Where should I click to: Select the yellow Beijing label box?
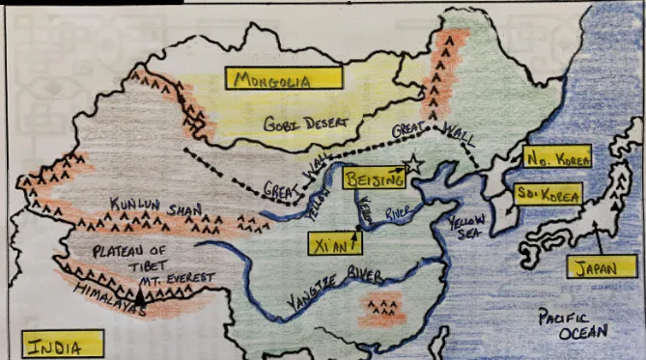[373, 178]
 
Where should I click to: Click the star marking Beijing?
[414, 165]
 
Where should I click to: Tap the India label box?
[63, 345]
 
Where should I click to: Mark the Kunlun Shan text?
[144, 206]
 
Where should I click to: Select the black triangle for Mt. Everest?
[142, 299]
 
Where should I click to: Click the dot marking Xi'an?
[356, 229]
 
